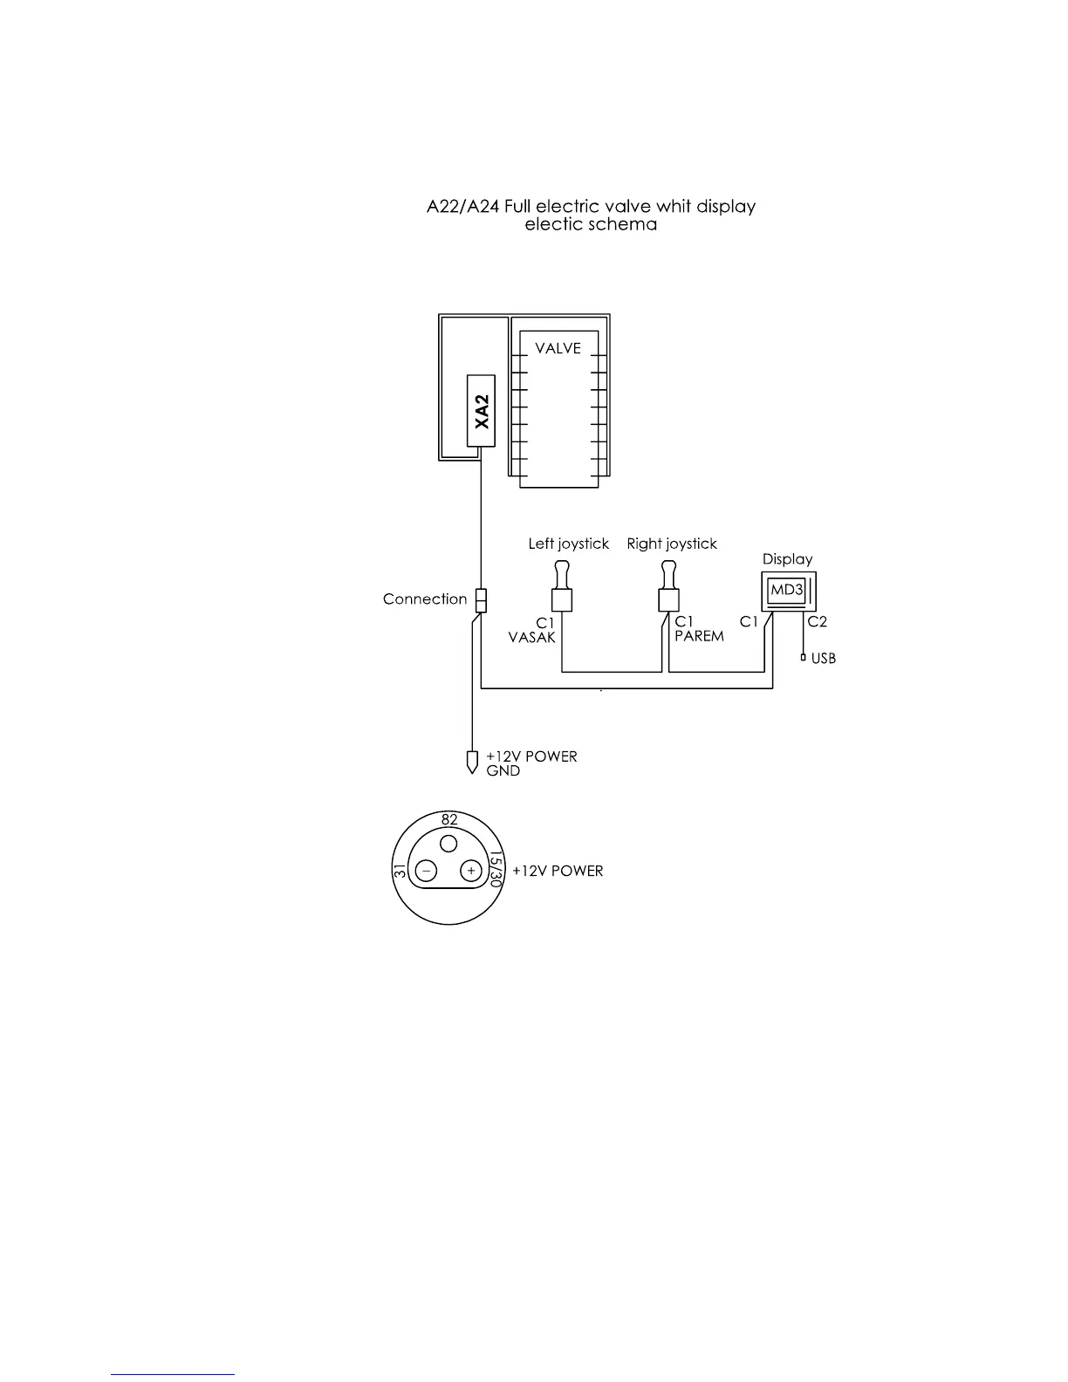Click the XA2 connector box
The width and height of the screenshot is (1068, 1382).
tap(481, 411)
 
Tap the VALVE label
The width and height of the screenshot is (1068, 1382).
tap(558, 348)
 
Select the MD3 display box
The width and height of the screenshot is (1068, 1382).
tap(786, 591)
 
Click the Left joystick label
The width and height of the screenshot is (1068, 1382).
tap(568, 544)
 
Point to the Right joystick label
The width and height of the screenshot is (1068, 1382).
tap(672, 544)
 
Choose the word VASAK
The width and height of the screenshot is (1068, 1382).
tap(531, 638)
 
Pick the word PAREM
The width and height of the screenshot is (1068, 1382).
tap(699, 636)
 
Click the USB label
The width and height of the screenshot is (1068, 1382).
tap(823, 659)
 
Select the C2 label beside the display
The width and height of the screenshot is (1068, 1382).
tap(817, 622)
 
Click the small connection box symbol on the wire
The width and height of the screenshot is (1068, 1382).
tap(480, 599)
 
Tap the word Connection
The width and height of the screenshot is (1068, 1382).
tap(425, 599)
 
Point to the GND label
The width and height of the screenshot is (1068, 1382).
tap(503, 771)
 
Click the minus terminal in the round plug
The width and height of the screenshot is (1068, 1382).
tap(427, 871)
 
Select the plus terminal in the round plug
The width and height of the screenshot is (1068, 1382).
tap(471, 871)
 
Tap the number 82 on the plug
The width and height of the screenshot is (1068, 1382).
tap(449, 820)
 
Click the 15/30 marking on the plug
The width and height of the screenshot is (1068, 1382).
tap(495, 870)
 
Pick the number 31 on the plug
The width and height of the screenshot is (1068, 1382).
tap(400, 871)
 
